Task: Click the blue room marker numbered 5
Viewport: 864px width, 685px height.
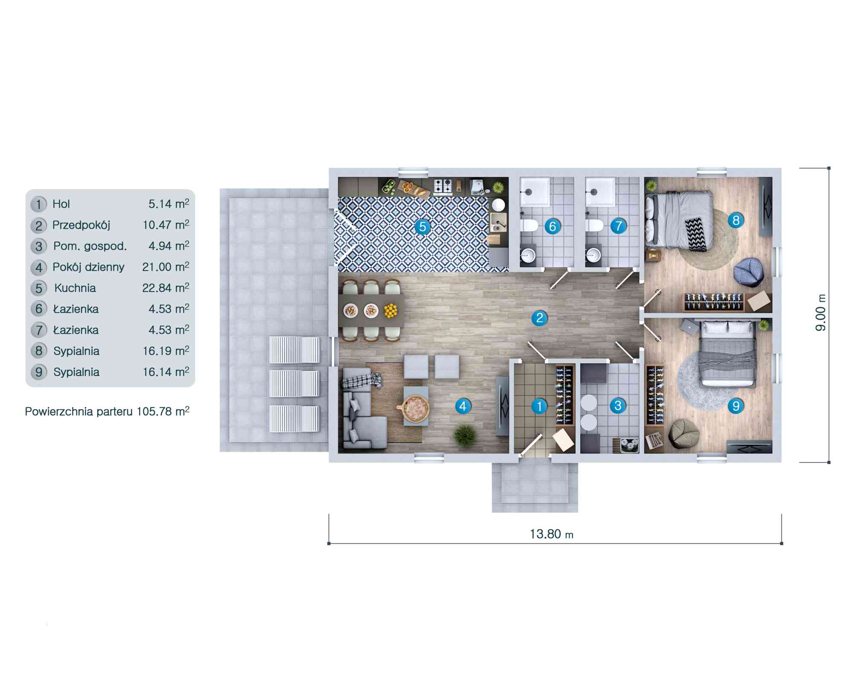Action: pos(422,227)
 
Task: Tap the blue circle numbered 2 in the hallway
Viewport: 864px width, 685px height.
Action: pos(540,318)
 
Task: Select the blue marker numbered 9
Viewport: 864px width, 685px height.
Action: pos(736,406)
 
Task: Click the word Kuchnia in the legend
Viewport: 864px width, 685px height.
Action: pos(75,288)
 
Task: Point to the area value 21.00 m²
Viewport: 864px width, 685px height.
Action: pos(166,267)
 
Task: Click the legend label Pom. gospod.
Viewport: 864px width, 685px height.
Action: pos(90,246)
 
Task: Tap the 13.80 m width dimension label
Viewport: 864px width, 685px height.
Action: pos(552,534)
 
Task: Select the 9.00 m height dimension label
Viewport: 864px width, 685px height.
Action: pos(820,313)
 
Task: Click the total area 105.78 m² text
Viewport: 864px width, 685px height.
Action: pos(163,411)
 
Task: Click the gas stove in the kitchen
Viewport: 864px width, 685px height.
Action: pos(443,187)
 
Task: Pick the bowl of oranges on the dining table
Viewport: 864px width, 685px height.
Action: pos(391,310)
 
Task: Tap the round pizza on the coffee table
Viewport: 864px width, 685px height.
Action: pos(413,409)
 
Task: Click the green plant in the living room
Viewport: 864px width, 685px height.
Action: pos(464,435)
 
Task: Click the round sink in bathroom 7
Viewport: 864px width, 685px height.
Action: pos(593,255)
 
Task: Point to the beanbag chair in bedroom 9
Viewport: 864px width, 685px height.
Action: pos(683,433)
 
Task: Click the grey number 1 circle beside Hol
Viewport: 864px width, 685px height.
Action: pos(39,204)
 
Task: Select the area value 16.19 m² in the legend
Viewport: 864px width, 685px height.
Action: pos(166,351)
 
